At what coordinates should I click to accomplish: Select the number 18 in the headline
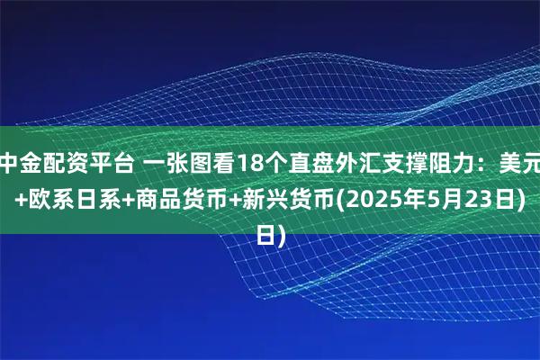231,165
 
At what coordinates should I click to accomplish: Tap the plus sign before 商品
116,200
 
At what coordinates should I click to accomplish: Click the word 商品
146,200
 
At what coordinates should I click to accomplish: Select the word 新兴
267,200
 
